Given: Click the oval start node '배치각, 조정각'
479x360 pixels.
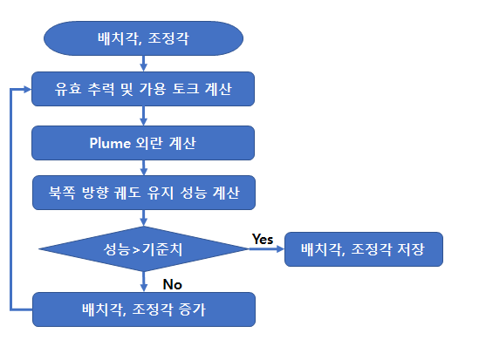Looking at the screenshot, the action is pyautogui.click(x=143, y=38).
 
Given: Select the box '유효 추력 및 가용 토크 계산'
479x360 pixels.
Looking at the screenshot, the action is pyautogui.click(x=143, y=89).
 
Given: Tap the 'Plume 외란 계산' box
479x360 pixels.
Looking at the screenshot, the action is pyautogui.click(x=143, y=143).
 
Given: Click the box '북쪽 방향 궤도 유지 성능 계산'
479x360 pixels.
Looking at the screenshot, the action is pyautogui.click(x=144, y=193).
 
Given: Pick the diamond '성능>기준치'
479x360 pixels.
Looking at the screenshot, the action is pyautogui.click(x=144, y=249).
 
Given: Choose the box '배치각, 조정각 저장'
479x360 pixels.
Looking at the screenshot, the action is pyautogui.click(x=364, y=249).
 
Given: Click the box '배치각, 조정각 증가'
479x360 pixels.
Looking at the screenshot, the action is pyautogui.click(x=144, y=309).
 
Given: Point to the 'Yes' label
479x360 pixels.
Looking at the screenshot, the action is pyautogui.click(x=263, y=239).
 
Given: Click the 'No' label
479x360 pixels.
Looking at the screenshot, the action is pyautogui.click(x=172, y=285).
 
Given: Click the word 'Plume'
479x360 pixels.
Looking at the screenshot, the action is pyautogui.click(x=110, y=143).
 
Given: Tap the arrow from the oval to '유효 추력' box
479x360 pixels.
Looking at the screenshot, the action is pyautogui.click(x=144, y=64).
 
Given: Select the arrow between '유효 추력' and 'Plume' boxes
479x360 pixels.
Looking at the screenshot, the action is pyautogui.click(x=144, y=116).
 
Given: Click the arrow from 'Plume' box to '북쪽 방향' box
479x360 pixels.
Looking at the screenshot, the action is pyautogui.click(x=144, y=167).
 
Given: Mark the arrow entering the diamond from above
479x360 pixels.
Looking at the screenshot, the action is pyautogui.click(x=144, y=218).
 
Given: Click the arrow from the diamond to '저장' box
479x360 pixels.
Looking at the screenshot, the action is pyautogui.click(x=267, y=249).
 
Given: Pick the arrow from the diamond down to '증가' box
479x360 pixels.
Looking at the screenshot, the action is pyautogui.click(x=144, y=282).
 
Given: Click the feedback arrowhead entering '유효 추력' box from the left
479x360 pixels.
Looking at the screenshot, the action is pyautogui.click(x=28, y=90).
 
